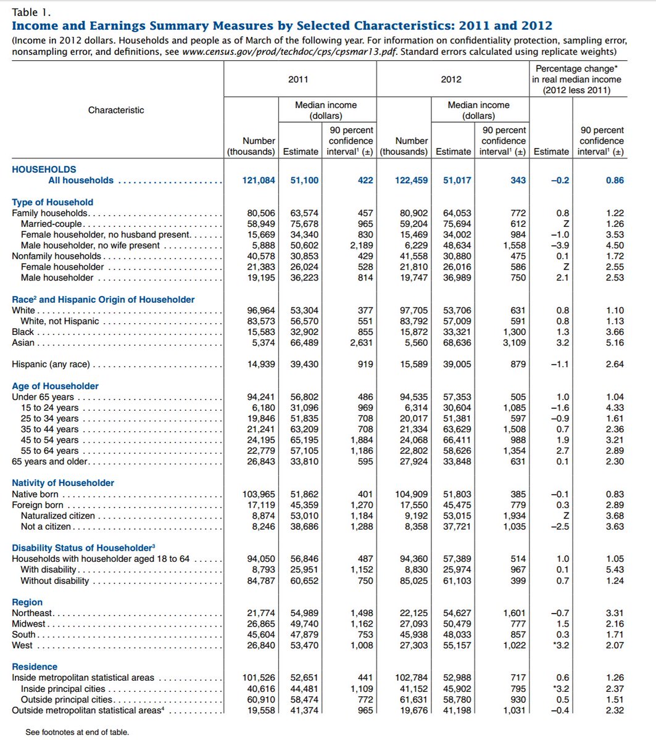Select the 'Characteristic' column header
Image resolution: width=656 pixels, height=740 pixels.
tap(116, 110)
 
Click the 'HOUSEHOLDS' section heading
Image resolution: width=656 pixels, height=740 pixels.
tap(44, 170)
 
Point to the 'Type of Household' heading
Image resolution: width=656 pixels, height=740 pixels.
tap(52, 202)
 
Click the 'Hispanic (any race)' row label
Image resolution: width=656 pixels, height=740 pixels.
tap(51, 364)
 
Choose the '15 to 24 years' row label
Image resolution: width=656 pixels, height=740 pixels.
tap(49, 408)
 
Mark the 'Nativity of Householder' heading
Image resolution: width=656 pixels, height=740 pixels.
tap(63, 483)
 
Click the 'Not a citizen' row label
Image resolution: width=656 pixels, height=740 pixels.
tap(46, 527)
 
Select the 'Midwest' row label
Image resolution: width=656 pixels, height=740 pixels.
tap(29, 624)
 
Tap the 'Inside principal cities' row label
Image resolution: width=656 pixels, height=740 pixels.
tap(63, 689)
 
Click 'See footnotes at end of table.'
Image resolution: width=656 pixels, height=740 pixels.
tap(77, 733)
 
